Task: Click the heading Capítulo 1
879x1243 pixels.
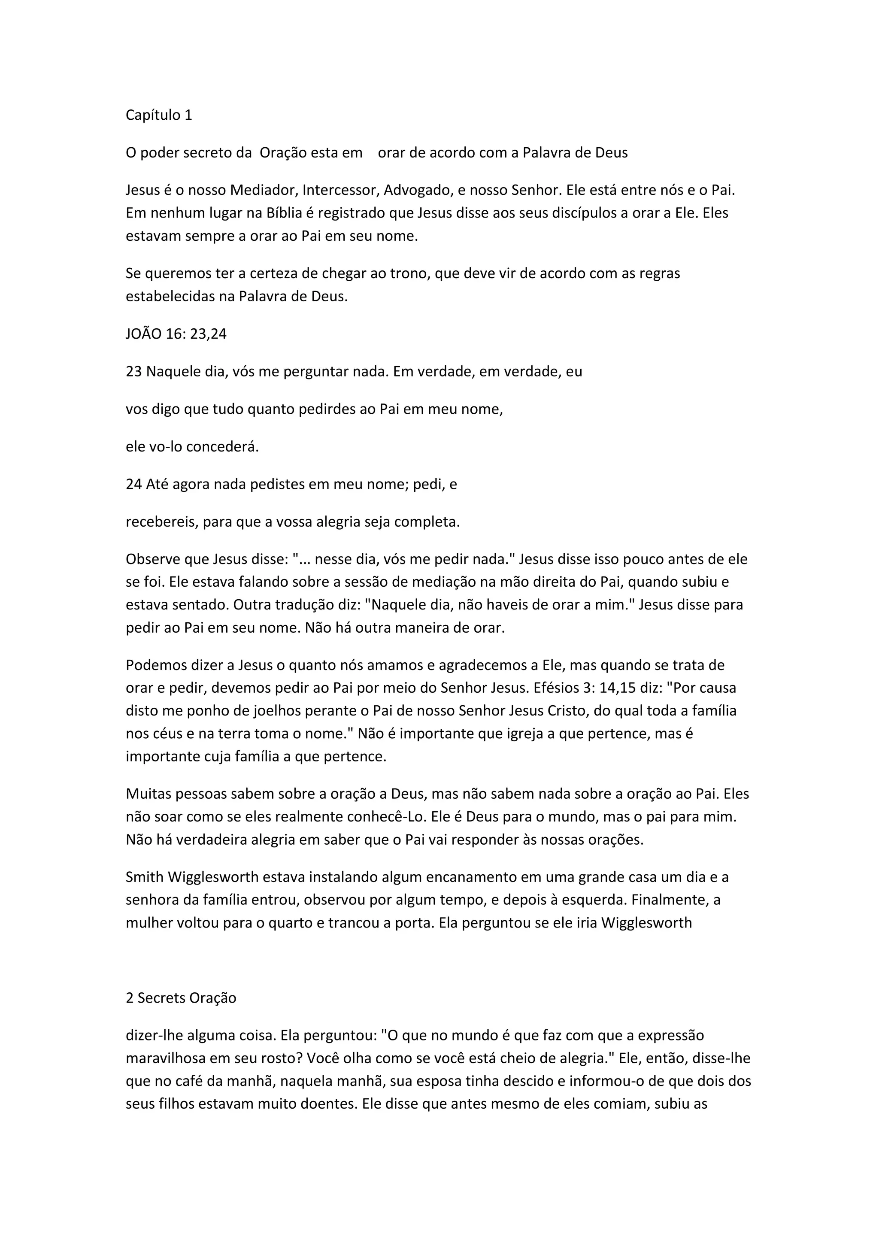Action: [158, 115]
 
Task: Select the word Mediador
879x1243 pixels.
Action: [264, 191]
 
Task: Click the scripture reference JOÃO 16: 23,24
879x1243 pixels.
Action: [176, 334]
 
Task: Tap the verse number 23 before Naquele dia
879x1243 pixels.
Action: [133, 372]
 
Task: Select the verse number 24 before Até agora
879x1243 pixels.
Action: [133, 484]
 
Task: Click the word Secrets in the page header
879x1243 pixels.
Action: [162, 998]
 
